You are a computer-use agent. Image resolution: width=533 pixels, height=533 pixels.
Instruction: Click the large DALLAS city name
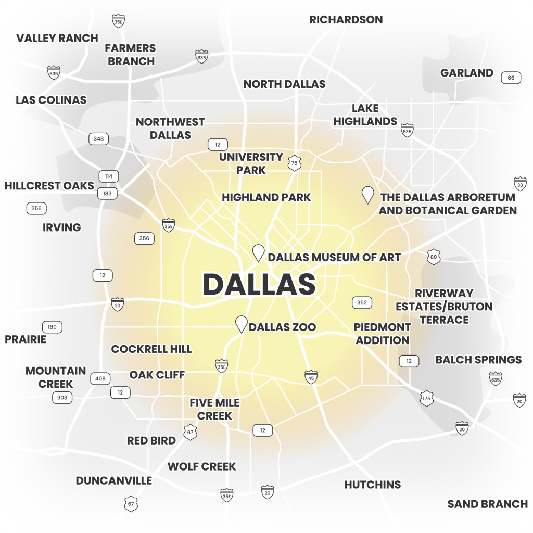259,284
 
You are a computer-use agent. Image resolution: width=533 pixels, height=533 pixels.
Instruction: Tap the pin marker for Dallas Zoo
241,324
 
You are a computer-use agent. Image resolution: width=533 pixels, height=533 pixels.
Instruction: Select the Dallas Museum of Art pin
258,252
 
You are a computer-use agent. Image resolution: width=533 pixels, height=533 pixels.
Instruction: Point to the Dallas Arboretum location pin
368,195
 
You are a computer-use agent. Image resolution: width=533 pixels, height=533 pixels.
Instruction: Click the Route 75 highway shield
295,163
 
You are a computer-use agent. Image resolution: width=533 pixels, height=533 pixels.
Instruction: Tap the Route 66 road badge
511,78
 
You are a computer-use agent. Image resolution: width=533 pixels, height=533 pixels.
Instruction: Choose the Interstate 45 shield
311,377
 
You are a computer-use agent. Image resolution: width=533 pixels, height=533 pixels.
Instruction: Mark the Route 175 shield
427,398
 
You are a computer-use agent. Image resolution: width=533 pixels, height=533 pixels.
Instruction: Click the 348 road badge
99,139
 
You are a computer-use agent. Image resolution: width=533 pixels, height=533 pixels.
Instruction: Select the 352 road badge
362,302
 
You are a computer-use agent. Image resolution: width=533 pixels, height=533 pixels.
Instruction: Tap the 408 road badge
100,378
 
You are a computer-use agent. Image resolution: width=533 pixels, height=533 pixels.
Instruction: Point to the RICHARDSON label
346,20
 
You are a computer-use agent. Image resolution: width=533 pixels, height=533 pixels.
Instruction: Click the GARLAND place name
466,73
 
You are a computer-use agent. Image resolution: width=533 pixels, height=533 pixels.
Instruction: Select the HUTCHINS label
372,485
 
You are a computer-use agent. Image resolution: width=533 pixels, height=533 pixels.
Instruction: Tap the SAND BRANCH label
487,504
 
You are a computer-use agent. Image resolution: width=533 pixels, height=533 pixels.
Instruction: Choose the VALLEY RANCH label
57,38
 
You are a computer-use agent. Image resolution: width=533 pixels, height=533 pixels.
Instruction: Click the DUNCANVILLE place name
114,480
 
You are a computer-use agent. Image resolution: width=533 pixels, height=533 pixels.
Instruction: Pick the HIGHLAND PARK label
266,197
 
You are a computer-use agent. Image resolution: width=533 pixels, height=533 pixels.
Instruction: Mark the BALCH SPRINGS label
478,360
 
